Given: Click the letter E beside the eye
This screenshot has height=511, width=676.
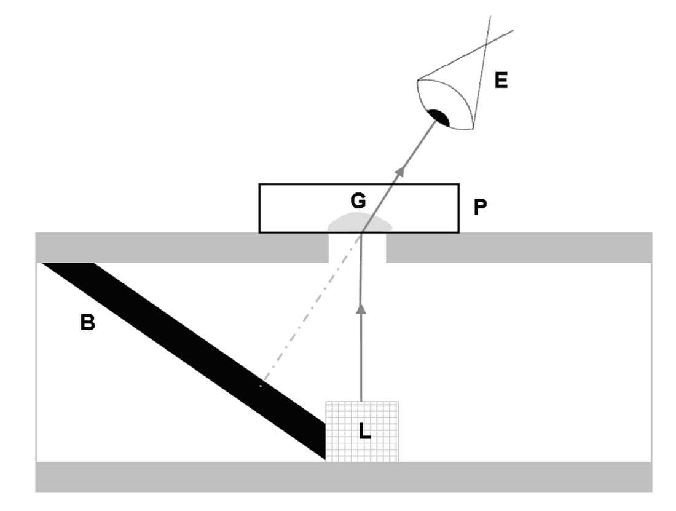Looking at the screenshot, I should point(501,81).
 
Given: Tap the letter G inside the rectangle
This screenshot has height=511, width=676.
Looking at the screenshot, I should point(358,200).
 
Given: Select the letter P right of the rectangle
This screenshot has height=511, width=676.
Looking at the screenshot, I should point(481,207).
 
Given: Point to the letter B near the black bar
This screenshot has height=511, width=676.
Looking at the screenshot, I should point(87,322).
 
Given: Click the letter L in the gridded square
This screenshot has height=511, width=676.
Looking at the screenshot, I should point(364,432).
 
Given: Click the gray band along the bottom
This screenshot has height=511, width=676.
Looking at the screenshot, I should point(344,477).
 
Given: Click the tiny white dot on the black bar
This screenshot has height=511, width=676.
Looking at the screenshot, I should point(261,386).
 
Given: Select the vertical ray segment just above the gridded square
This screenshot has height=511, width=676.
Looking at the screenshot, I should point(361,369).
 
